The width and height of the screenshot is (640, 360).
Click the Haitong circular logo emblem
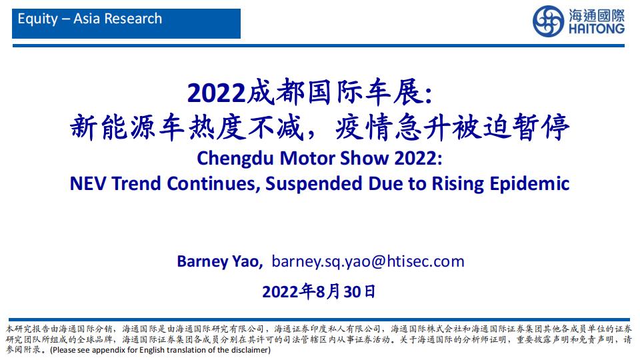pos(548,21)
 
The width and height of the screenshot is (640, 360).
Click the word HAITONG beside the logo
pos(596,29)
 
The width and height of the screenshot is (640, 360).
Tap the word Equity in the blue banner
pos(38,19)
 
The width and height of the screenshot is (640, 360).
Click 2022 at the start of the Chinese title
pos(216,93)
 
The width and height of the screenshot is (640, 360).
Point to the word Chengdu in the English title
pos(235,159)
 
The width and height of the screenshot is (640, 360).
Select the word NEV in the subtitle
pos(88,184)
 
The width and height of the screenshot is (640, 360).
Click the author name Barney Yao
pos(220,261)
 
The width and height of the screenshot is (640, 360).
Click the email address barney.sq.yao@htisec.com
pos(368,261)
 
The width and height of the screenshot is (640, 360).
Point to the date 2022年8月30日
pos(319,292)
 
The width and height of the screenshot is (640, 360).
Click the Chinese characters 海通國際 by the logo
pos(596,15)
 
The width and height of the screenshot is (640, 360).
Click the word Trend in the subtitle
pos(137,184)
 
